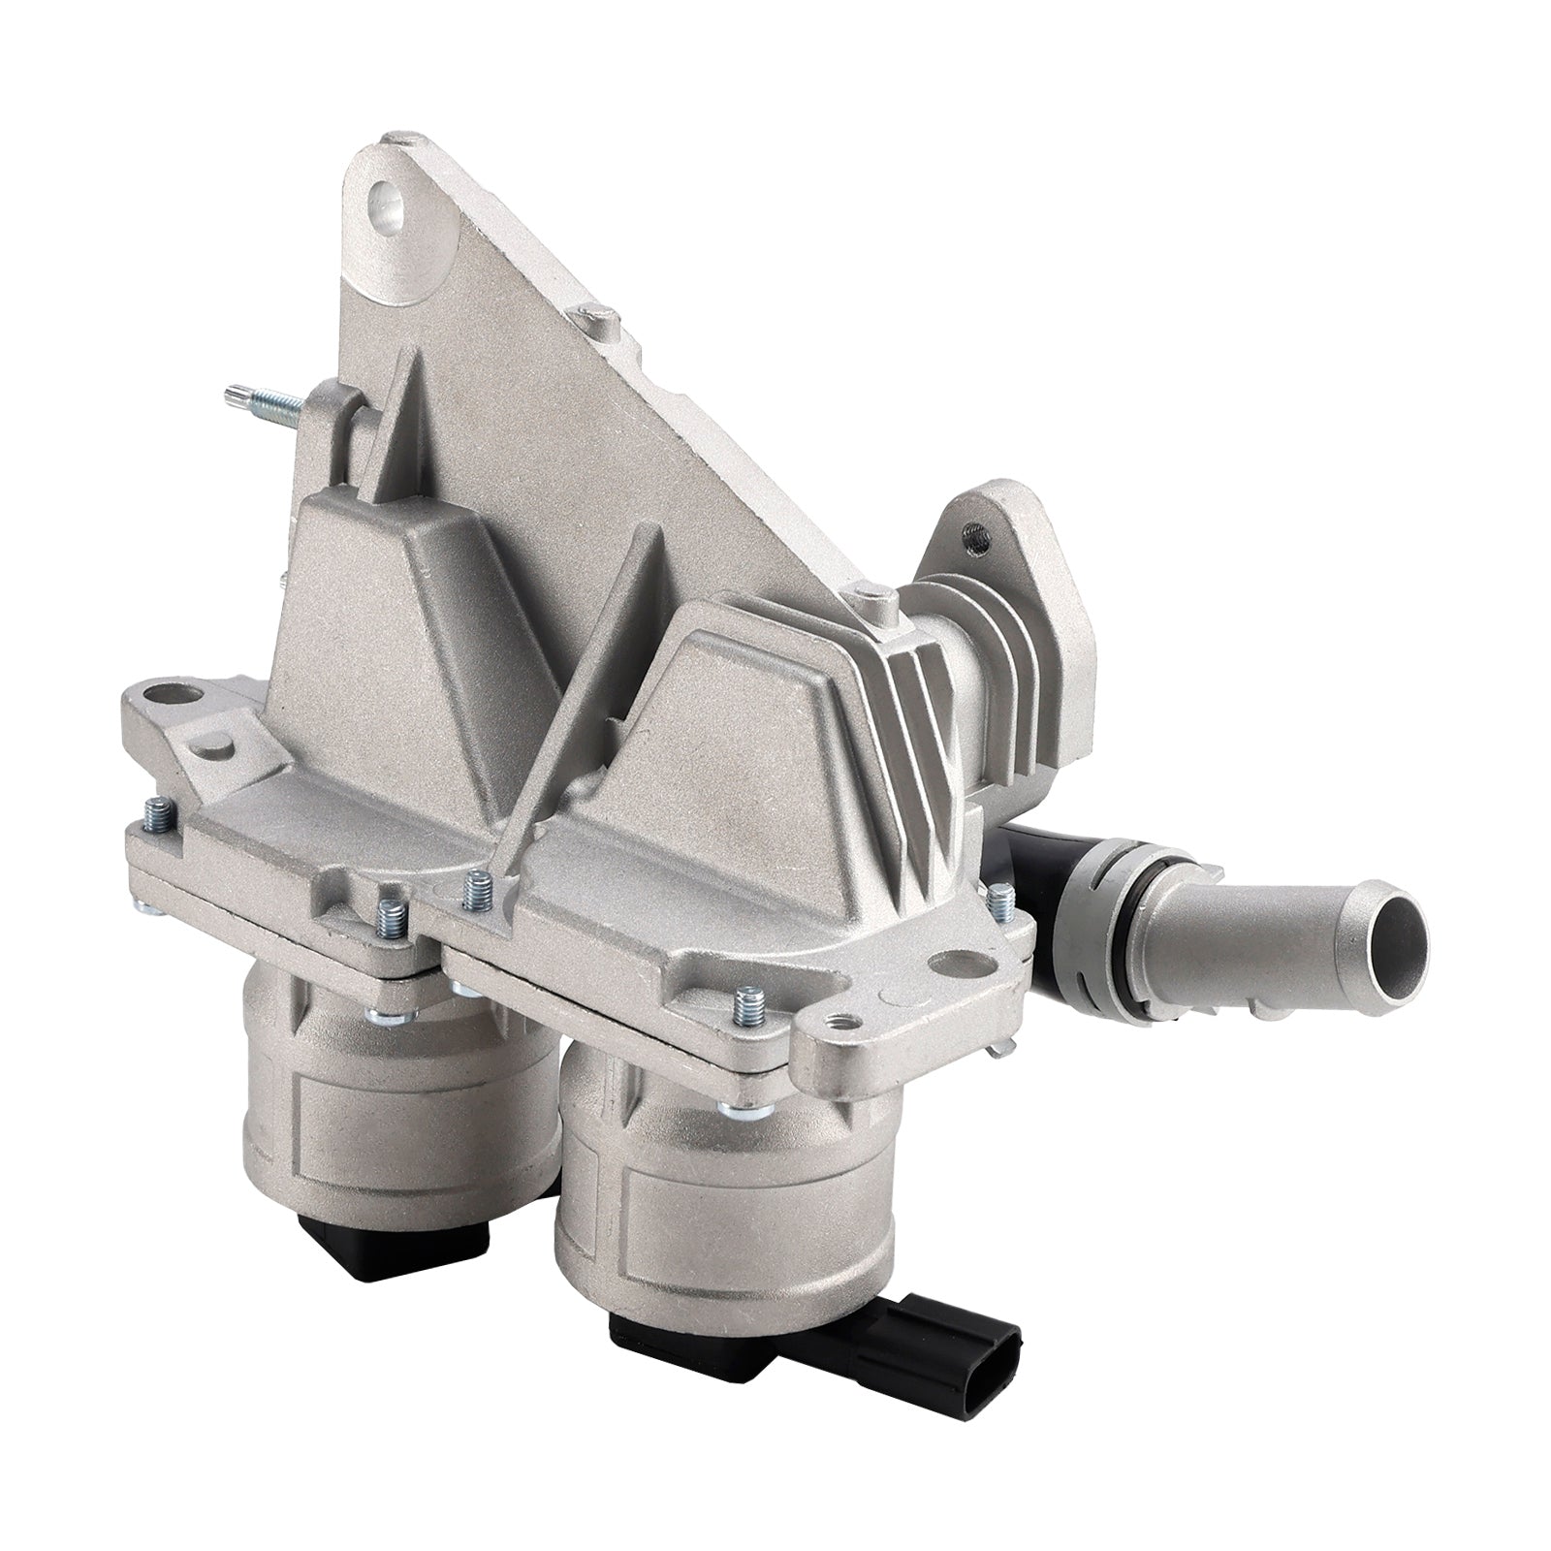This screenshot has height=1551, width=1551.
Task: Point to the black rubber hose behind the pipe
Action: pyautogui.click(x=1032, y=853)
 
